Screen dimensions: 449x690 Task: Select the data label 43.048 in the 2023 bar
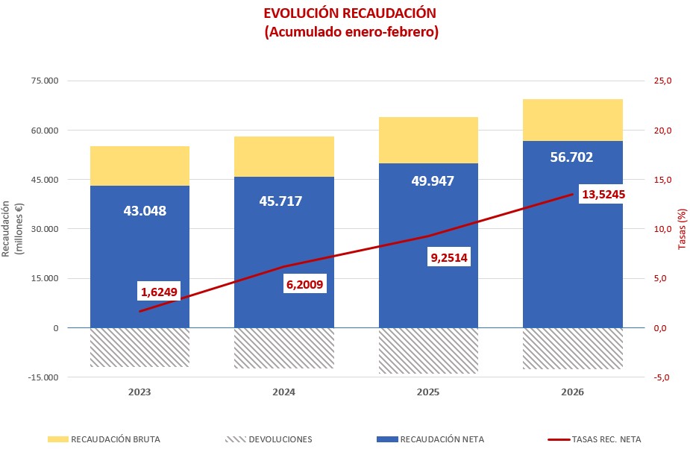145,211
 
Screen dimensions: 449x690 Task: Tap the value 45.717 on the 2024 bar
280,201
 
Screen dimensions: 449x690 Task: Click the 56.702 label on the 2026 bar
571,157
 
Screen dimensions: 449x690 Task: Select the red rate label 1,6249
159,292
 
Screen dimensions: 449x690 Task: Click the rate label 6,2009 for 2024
305,284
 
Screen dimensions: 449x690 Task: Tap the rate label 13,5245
603,195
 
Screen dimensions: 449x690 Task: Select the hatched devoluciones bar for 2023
139,348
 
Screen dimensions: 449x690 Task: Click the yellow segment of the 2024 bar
283,157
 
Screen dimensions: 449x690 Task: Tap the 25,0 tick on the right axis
663,81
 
